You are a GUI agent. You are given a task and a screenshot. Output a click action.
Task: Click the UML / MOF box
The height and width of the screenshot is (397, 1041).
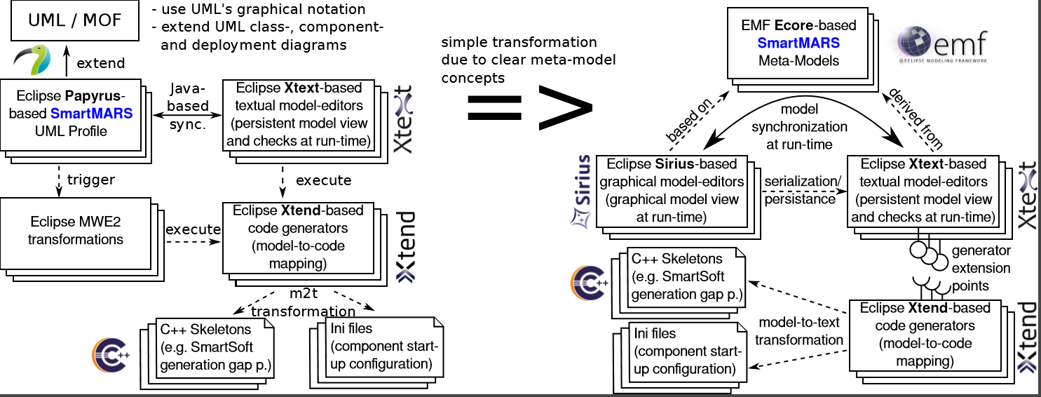(75, 21)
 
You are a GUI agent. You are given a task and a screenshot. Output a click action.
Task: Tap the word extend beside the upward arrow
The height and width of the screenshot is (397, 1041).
(101, 63)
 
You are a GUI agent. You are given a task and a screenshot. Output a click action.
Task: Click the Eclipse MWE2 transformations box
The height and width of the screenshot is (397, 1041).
(76, 231)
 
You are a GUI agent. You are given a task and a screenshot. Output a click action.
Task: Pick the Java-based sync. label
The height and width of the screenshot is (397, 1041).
(190, 106)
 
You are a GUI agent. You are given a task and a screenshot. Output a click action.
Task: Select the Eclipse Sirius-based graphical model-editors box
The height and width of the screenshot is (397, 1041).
(672, 191)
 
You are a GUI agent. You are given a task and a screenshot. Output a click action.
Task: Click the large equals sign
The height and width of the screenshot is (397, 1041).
(494, 107)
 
